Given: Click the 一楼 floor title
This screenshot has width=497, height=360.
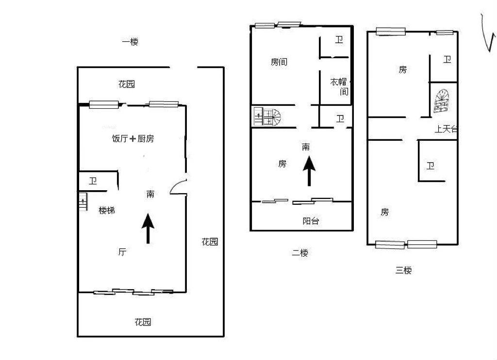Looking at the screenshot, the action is click(x=130, y=42).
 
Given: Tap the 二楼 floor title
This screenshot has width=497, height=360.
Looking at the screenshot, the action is click(x=300, y=253).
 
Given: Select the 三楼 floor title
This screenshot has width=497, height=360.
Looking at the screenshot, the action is click(x=403, y=270).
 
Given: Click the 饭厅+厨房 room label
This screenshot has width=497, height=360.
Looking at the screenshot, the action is click(x=133, y=138).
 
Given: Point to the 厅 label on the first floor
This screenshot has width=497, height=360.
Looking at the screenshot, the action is click(x=122, y=252).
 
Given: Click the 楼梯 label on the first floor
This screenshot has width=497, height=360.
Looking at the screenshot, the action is click(x=106, y=210).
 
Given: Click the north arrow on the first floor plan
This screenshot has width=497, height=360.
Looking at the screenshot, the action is click(x=148, y=229).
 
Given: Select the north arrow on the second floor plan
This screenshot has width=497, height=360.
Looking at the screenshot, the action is click(x=309, y=171).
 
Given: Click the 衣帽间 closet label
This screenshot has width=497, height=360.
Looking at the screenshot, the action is click(x=339, y=86).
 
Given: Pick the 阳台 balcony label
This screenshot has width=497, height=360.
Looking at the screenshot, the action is click(x=311, y=221).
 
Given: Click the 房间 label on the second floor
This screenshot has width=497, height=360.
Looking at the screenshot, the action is click(x=279, y=62).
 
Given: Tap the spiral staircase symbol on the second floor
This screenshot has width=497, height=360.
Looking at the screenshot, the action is click(x=267, y=116).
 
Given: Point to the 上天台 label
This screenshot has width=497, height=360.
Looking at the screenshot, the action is click(x=446, y=129).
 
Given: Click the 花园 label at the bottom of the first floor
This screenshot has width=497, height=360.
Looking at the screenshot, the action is click(x=143, y=322).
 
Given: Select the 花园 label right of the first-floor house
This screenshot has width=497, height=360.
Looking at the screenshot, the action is click(x=210, y=242).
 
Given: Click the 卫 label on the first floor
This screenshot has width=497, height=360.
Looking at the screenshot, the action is click(x=93, y=181).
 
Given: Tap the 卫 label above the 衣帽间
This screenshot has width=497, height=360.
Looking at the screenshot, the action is click(x=339, y=40).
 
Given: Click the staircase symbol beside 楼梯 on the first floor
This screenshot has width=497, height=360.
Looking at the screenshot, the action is click(x=83, y=201).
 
